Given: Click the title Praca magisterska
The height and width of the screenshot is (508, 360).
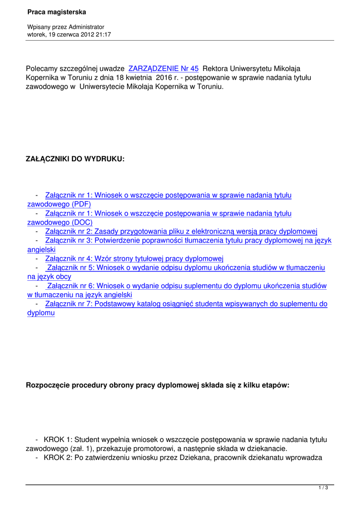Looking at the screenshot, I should pos(57,11).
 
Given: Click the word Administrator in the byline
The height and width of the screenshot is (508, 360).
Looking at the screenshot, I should pos(86,27).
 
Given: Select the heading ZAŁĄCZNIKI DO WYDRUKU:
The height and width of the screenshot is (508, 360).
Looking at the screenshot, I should pos(75,159).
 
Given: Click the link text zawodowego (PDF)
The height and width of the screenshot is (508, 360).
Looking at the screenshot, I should pos(59,204).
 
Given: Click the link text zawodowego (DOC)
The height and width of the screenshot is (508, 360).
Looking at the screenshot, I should pos(59,222).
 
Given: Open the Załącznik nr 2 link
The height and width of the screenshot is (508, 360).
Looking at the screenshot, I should pos(181,231).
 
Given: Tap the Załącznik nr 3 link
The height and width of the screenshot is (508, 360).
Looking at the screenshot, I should pos(188,241).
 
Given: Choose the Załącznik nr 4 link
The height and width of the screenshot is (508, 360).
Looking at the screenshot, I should pos(134,258).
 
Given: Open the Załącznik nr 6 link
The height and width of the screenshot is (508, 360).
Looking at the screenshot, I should pos(187,286).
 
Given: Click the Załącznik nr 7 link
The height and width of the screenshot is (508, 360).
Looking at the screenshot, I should pos(186,304).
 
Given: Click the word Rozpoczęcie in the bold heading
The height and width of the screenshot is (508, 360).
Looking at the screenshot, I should pos(48,385).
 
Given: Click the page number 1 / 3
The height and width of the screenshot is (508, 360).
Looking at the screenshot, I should pos(323,488).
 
